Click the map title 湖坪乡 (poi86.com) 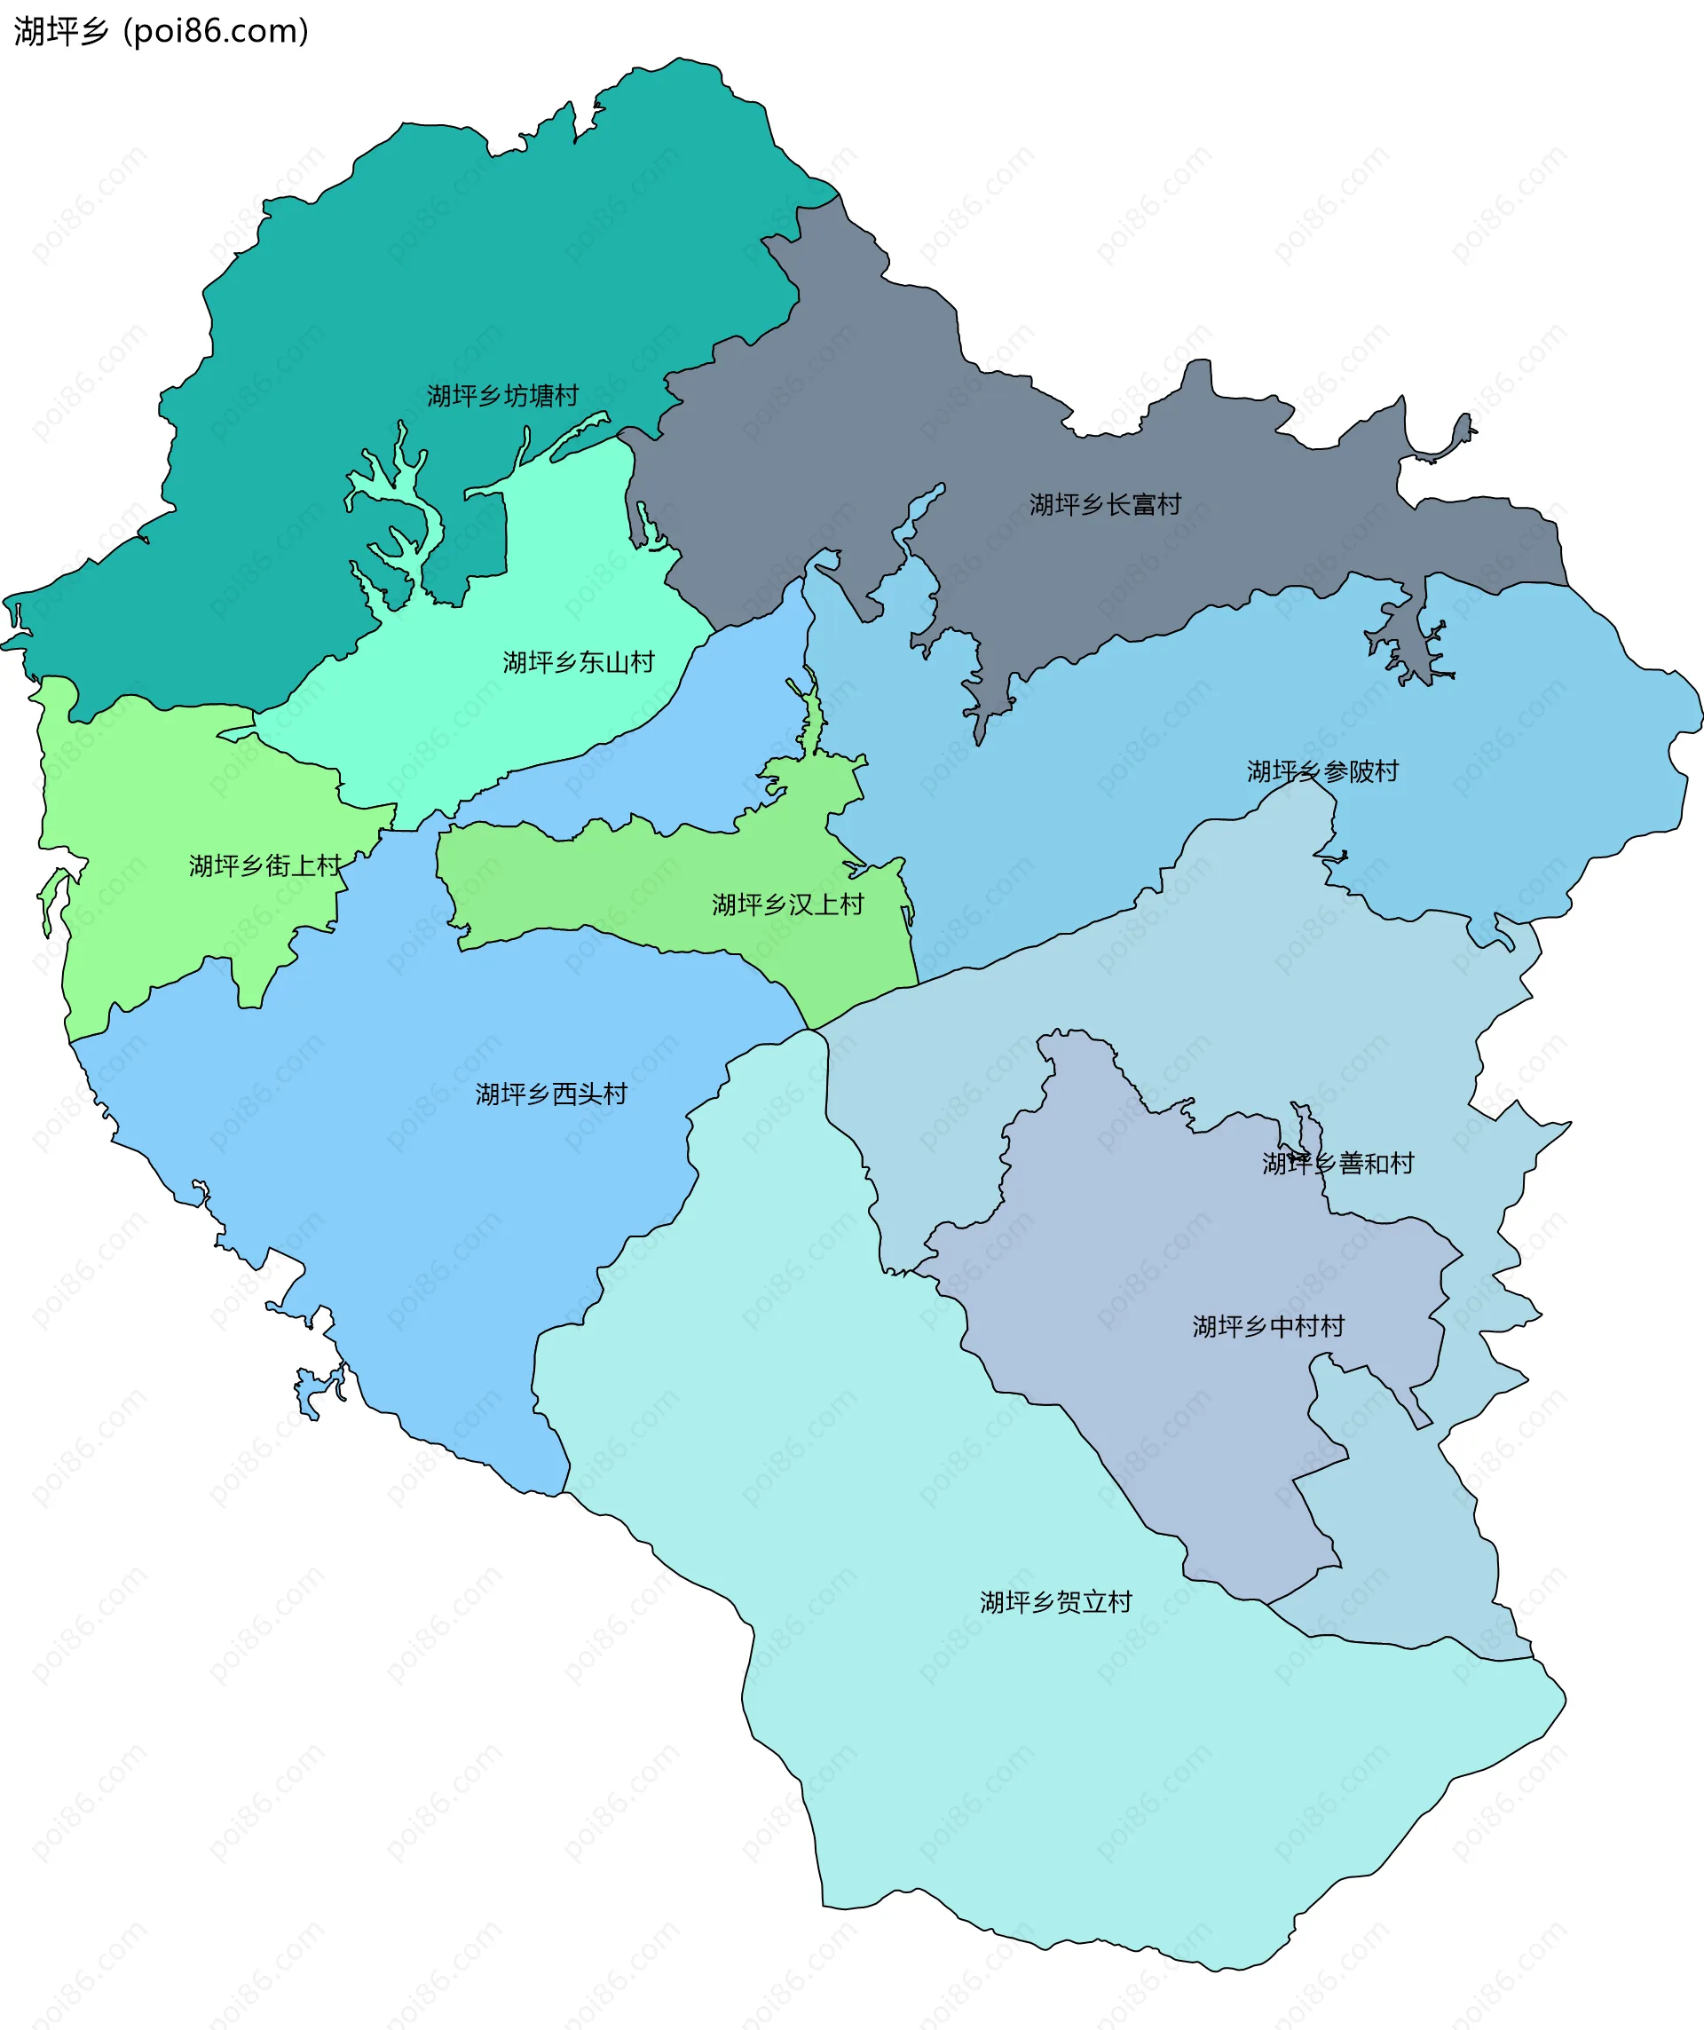click(x=161, y=32)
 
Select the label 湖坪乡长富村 click(x=1105, y=504)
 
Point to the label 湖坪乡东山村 click(x=578, y=662)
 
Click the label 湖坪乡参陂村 click(x=1322, y=771)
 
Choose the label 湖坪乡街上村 click(x=264, y=865)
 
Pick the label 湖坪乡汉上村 click(x=788, y=904)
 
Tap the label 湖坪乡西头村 click(x=551, y=1094)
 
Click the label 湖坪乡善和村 click(x=1337, y=1163)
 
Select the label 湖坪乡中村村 click(x=1268, y=1326)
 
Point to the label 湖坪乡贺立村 click(x=1055, y=1602)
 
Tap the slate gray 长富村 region click(x=870, y=435)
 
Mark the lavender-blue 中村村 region click(x=1160, y=1257)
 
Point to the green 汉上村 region click(x=628, y=880)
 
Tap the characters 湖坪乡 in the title click(x=61, y=32)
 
